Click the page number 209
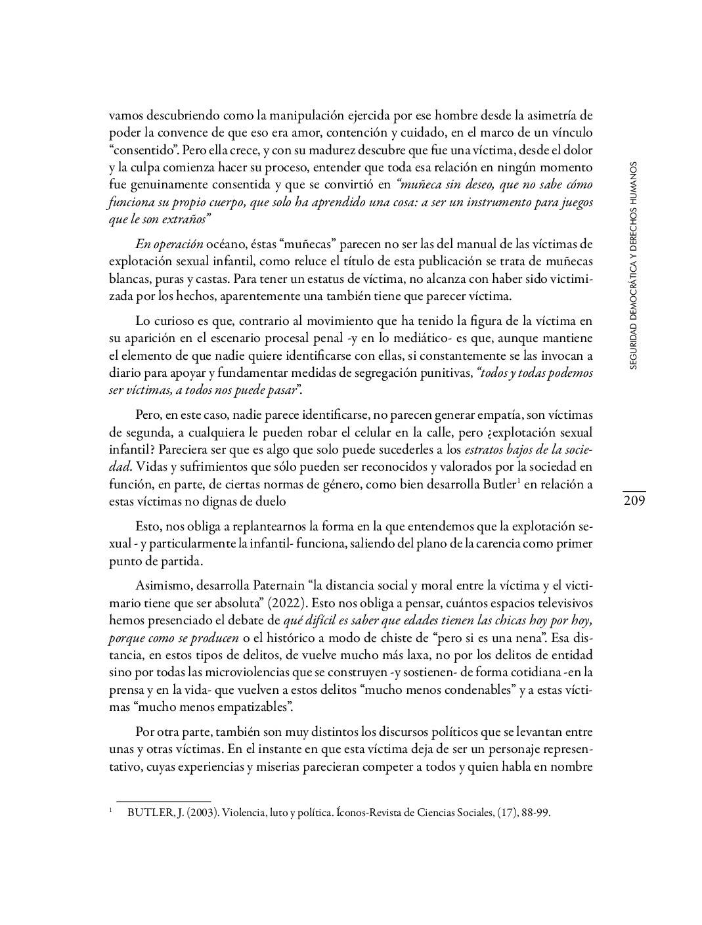(634, 502)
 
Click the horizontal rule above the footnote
(164, 800)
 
